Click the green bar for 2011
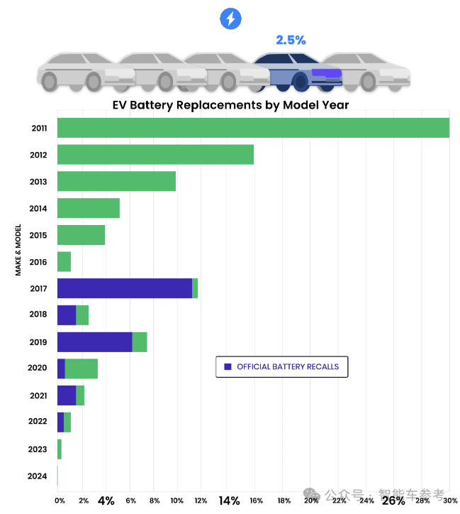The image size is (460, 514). point(253,128)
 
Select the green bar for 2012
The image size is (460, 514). point(155,155)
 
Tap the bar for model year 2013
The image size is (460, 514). point(116,181)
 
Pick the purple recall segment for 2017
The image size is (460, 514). point(125,288)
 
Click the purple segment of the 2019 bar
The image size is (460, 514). point(95,341)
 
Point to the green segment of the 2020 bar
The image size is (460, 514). point(82,368)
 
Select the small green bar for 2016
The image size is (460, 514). point(64,261)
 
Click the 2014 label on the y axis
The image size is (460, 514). point(38,209)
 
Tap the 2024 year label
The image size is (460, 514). point(38,476)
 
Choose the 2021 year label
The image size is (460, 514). point(38,395)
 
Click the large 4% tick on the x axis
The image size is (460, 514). point(106,501)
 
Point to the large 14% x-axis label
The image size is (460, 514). point(229,501)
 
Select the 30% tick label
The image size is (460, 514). point(451,501)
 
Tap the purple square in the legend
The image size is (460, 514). point(228,367)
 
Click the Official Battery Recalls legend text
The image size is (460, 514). point(288,367)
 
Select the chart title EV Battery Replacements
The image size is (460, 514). point(230,105)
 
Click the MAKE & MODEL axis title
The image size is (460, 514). point(18,250)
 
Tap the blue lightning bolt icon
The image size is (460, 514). point(231,18)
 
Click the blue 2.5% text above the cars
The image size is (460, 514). point(291,40)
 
